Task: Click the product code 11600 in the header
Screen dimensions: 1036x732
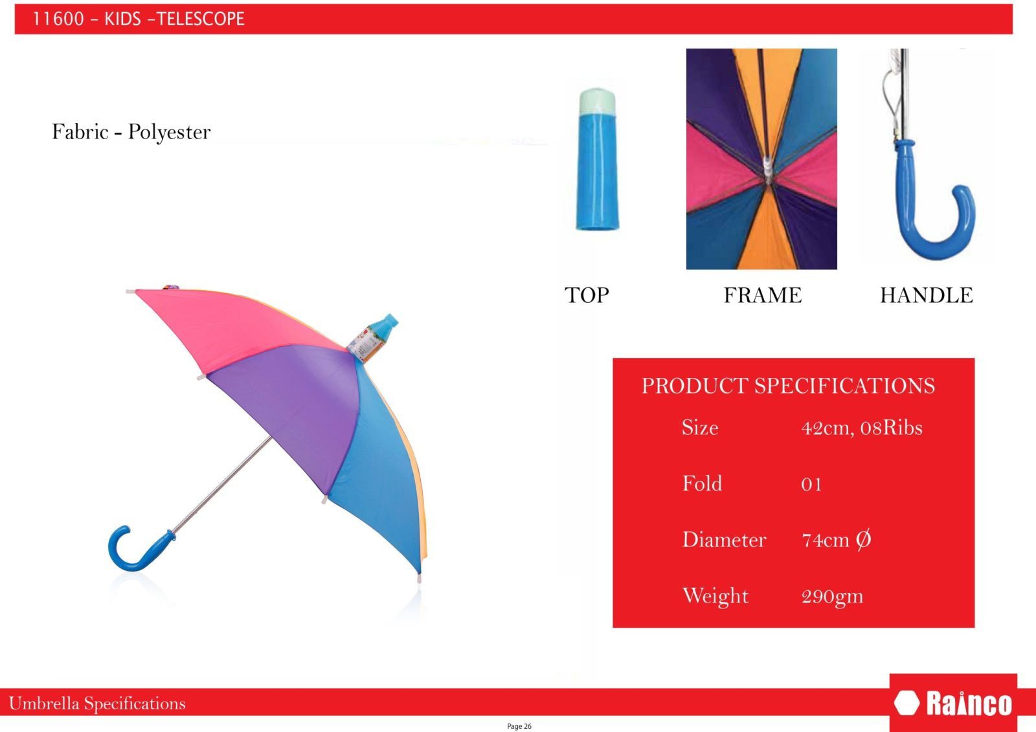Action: click(58, 19)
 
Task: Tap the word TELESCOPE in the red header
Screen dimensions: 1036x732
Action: click(200, 19)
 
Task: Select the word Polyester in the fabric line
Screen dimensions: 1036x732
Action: click(169, 133)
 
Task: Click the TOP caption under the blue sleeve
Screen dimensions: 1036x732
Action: click(587, 295)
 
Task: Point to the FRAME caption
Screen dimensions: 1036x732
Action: click(763, 295)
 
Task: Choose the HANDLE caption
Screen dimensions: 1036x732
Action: click(927, 295)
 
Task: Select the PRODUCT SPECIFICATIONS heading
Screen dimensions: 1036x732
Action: click(788, 386)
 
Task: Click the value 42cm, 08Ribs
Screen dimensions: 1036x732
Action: click(862, 428)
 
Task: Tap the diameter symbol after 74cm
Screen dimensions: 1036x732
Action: click(863, 539)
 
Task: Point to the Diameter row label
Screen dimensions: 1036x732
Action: click(725, 540)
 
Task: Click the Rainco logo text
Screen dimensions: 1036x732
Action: click(969, 704)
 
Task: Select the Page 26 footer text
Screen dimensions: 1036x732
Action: click(519, 726)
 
